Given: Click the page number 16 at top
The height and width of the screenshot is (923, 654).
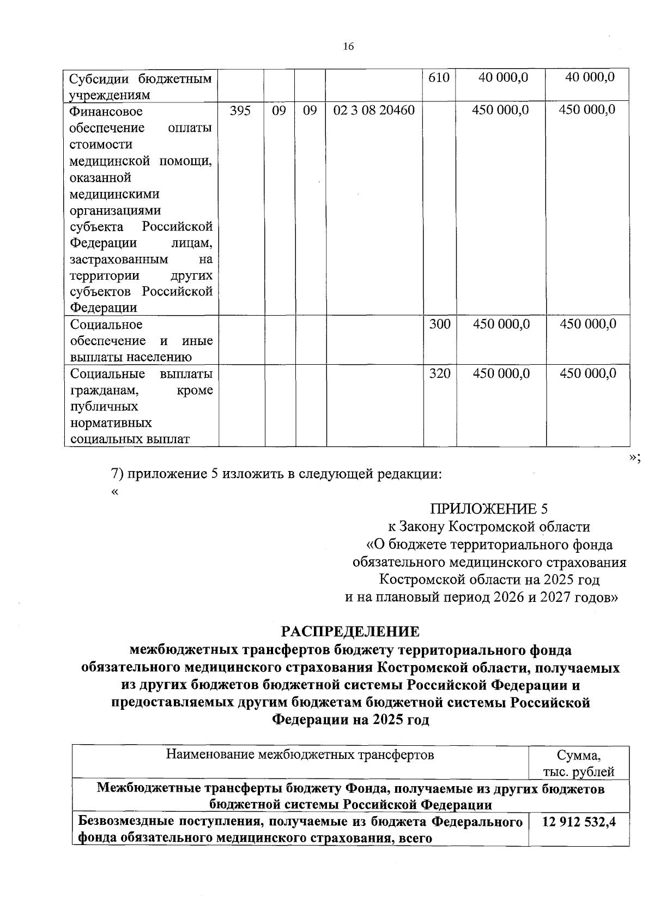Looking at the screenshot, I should click(x=349, y=46).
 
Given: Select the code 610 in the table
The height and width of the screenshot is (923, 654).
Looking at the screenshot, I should click(x=439, y=77).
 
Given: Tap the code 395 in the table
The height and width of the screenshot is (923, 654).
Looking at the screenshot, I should click(x=240, y=110).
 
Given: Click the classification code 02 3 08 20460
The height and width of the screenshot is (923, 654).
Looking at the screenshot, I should click(x=374, y=110).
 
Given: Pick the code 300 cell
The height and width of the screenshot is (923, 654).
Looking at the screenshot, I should click(x=439, y=324).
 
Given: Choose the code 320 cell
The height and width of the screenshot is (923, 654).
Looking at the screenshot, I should click(x=439, y=373).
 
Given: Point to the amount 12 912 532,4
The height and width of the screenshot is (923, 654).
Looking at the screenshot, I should click(x=579, y=822).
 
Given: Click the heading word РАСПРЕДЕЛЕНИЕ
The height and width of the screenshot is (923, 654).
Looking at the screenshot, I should click(x=350, y=632).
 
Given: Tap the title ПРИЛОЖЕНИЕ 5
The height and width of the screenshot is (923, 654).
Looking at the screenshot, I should click(x=489, y=509).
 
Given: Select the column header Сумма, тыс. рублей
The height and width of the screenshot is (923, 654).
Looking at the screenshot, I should click(x=579, y=763).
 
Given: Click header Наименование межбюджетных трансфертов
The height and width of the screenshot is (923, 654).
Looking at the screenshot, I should click(x=300, y=755).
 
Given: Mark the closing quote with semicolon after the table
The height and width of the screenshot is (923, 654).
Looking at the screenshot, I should click(x=634, y=458).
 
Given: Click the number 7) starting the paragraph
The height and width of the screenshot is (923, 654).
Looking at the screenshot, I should click(x=118, y=474).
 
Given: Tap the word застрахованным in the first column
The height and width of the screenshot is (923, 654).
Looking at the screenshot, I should click(x=119, y=259).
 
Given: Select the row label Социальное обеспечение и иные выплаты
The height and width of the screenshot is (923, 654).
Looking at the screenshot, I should click(x=141, y=341).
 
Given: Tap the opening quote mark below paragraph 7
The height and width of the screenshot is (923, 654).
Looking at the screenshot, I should click(x=114, y=491).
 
